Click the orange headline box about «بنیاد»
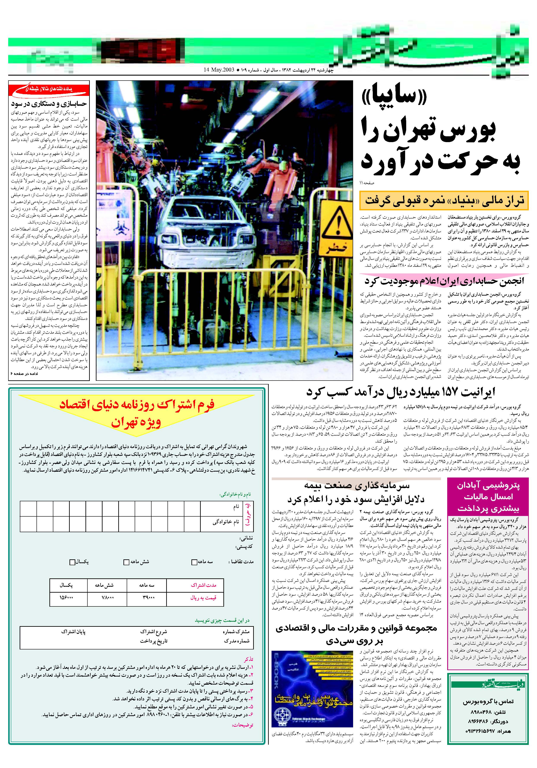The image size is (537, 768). (x=444, y=200)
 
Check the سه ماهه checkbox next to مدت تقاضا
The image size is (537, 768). (x=194, y=562)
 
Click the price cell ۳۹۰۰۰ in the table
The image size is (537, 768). (x=147, y=597)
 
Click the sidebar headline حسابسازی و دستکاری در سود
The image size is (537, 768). (x=49, y=103)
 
